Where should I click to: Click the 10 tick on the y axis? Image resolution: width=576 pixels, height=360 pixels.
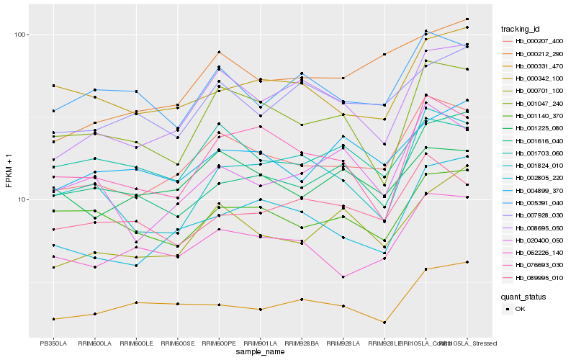tap(22, 199)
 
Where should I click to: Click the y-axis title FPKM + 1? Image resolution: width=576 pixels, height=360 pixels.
tap(9, 171)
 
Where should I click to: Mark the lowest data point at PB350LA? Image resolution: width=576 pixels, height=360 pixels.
tap(53, 319)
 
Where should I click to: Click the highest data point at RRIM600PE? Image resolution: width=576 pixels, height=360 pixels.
tap(219, 52)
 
